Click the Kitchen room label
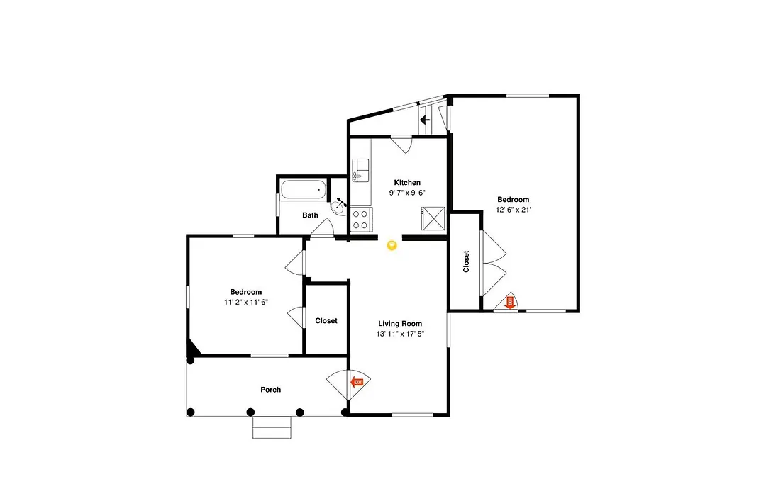407,183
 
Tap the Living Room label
400,324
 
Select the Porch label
271,390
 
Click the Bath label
310,215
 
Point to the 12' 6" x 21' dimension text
514,210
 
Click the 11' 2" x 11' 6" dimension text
246,302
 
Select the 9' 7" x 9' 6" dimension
407,193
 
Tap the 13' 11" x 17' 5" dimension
400,334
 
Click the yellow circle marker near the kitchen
392,245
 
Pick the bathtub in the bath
304,189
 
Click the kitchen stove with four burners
361,219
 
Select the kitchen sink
360,170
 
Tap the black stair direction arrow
425,120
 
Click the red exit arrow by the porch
357,382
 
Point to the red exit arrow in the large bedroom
510,302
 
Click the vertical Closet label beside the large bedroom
466,261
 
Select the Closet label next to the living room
326,321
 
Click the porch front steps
272,427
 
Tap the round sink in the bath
338,207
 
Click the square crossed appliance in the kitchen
433,218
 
